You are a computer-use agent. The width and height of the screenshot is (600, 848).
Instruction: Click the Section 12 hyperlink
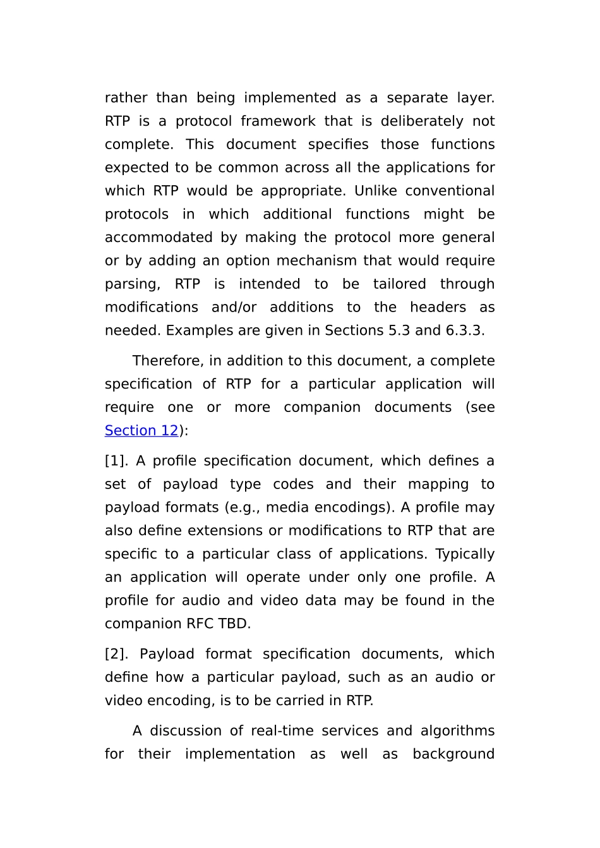click(x=141, y=430)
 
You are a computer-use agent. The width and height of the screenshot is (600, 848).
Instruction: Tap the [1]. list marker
click(x=116, y=461)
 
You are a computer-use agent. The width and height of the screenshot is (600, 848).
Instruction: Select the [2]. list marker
click(x=117, y=654)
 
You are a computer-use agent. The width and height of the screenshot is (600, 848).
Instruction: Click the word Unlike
click(x=375, y=191)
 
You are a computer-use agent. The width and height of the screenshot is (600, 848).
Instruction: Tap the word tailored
click(x=399, y=284)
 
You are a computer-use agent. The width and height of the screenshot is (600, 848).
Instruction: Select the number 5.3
click(x=399, y=330)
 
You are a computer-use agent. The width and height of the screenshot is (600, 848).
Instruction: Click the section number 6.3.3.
click(x=464, y=330)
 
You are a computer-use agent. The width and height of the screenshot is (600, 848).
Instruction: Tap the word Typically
click(x=464, y=554)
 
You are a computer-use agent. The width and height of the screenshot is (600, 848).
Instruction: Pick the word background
click(x=453, y=754)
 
